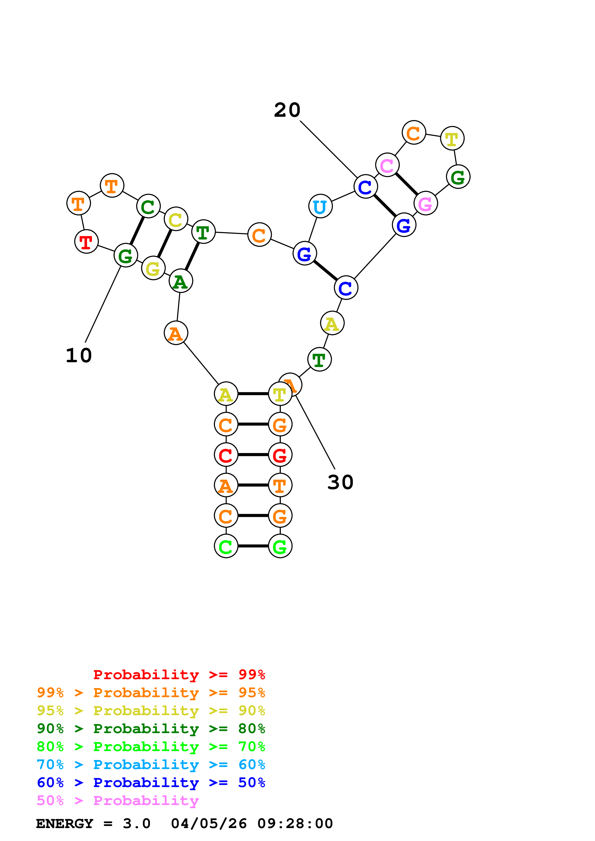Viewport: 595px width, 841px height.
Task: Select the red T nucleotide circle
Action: [x=86, y=241]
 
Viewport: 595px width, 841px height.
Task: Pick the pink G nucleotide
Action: [x=425, y=203]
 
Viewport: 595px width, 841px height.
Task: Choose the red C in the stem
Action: [x=226, y=455]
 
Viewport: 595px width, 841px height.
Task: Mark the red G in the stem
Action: [x=280, y=455]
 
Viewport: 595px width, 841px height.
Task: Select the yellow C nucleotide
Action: [x=176, y=219]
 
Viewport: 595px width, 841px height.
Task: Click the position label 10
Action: [x=79, y=355]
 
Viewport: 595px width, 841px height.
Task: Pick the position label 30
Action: [x=340, y=482]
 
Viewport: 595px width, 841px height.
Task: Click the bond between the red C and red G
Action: [x=253, y=455]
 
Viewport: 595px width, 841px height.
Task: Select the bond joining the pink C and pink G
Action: [x=406, y=184]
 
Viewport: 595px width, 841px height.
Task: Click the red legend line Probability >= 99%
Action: [x=179, y=674]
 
